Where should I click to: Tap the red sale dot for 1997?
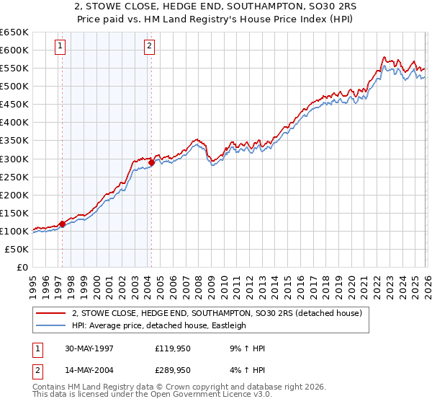point(63,224)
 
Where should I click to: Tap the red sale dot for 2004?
point(152,162)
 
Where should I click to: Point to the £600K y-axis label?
point(14,50)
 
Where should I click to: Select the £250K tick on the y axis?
point(14,177)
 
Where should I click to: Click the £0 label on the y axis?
point(22,268)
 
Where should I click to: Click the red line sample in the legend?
point(51,313)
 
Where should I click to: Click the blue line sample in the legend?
point(51,325)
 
